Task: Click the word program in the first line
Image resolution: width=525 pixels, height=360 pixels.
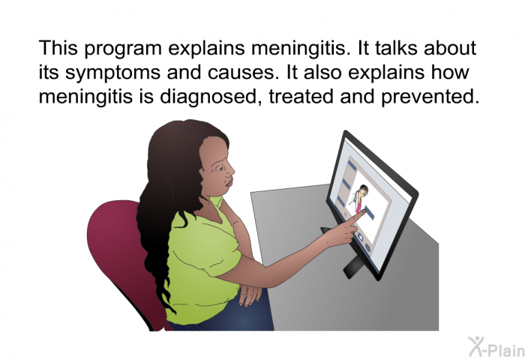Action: pos(123,49)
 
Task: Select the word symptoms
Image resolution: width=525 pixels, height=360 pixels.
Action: pos(112,73)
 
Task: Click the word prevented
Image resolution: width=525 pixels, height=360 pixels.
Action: pos(430,97)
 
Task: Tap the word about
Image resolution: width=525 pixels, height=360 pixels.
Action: pos(450,48)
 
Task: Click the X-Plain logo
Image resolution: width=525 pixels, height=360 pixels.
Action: pos(496,347)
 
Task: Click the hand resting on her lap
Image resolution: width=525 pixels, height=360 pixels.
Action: pos(250,294)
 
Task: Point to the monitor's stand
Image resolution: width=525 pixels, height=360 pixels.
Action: pos(352,265)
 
